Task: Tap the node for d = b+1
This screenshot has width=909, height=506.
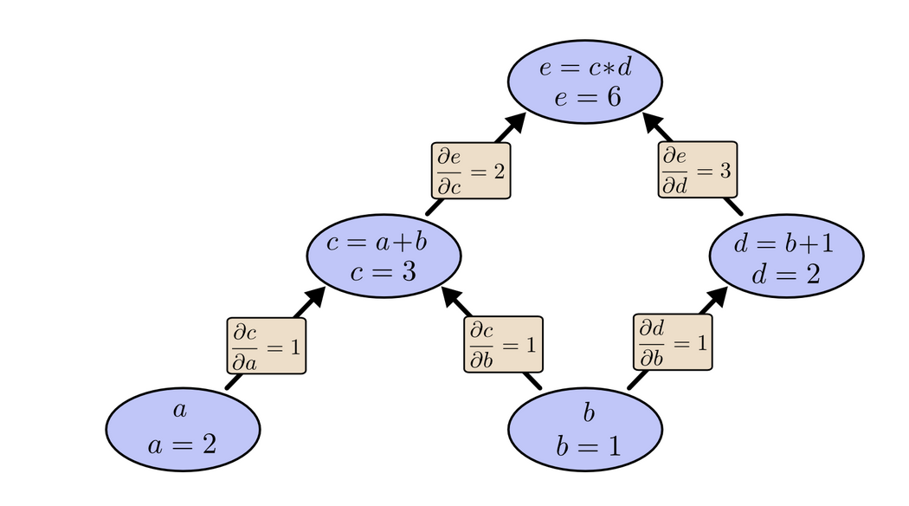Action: click(786, 259)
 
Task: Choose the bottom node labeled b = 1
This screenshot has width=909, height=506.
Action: click(585, 429)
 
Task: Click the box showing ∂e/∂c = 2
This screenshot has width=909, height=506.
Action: click(470, 172)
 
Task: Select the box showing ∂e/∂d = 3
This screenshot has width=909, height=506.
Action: click(698, 171)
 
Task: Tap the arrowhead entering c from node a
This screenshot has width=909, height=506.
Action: click(313, 297)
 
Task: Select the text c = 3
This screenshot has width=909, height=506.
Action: click(384, 272)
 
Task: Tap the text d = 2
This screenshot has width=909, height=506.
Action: click(786, 276)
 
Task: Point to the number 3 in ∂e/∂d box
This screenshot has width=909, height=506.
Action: click(725, 170)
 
